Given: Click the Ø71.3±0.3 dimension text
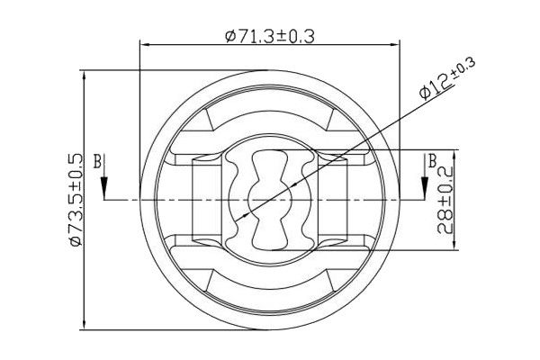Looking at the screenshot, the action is pyautogui.click(x=270, y=36).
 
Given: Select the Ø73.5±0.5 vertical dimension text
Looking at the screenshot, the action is pyautogui.click(x=76, y=200).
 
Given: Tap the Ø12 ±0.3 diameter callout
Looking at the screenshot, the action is pyautogui.click(x=446, y=79).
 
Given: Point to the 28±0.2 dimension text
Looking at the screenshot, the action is pyautogui.click(x=445, y=200).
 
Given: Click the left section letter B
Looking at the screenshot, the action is pyautogui.click(x=98, y=161).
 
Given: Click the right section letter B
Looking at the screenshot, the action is pyautogui.click(x=433, y=161).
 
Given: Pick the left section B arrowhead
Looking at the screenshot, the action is pyautogui.click(x=104, y=188).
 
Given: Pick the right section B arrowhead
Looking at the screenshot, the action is pyautogui.click(x=425, y=188).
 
